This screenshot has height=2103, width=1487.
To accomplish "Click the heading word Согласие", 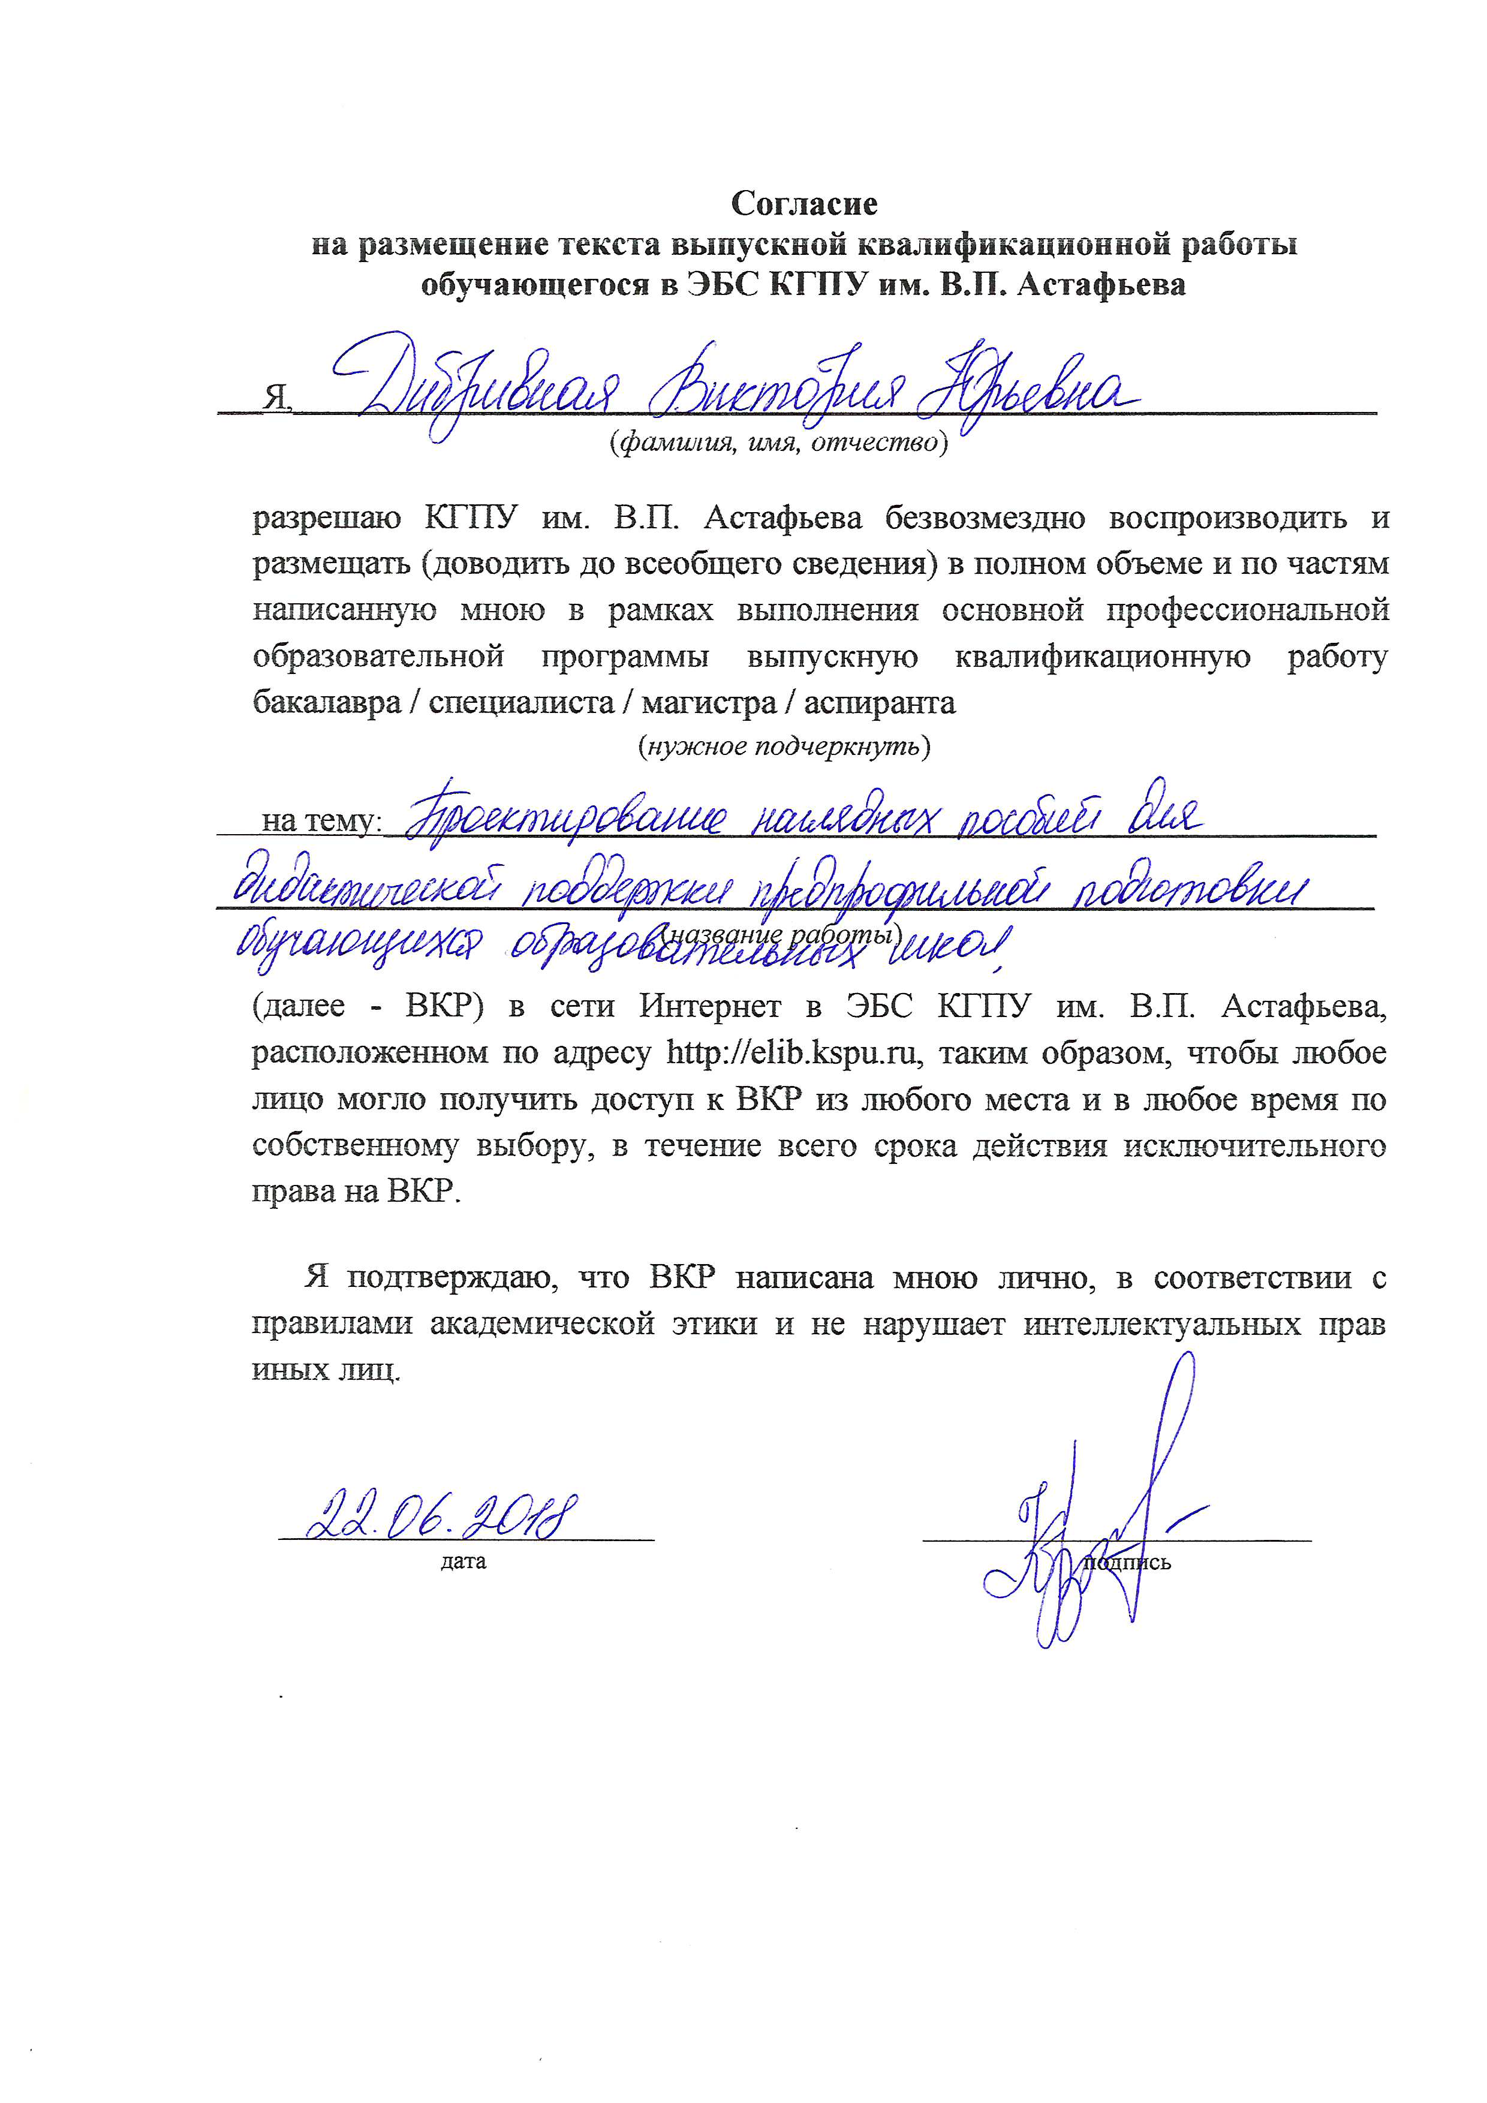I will [804, 203].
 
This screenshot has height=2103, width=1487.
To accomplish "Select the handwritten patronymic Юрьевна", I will [1025, 389].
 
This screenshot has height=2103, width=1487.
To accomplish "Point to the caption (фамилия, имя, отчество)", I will [778, 443].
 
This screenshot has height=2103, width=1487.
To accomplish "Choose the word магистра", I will [709, 703].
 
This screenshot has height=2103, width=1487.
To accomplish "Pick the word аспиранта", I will [879, 703].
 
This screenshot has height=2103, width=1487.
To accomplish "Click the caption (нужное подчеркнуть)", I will [784, 747].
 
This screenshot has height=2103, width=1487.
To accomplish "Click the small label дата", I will [463, 1561].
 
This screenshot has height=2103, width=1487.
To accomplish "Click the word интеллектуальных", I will [1162, 1325].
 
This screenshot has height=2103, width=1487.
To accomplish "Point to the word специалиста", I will [521, 703].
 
